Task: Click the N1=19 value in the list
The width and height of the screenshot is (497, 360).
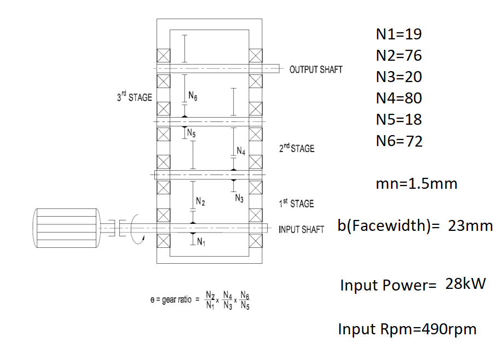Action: click(398, 34)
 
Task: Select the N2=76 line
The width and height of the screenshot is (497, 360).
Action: click(398, 56)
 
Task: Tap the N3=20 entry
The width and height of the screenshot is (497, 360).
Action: click(398, 77)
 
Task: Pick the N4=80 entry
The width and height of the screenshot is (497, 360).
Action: click(398, 98)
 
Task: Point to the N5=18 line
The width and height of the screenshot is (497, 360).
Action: click(398, 120)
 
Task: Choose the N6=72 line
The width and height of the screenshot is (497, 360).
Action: click(399, 141)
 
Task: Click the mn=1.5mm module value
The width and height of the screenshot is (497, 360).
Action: click(416, 184)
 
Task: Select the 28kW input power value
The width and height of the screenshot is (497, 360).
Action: click(465, 284)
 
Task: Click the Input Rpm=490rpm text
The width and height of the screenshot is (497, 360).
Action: click(407, 329)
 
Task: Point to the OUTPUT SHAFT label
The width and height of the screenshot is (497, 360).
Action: click(316, 69)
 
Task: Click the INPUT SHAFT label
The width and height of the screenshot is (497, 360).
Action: click(301, 230)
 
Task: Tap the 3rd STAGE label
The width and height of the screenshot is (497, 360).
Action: click(134, 98)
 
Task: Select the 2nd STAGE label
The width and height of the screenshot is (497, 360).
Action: click(297, 148)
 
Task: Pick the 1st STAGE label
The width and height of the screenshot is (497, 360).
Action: click(296, 204)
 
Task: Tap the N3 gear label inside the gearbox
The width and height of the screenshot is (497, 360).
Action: click(239, 199)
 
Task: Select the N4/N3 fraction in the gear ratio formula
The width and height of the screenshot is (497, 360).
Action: click(228, 300)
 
